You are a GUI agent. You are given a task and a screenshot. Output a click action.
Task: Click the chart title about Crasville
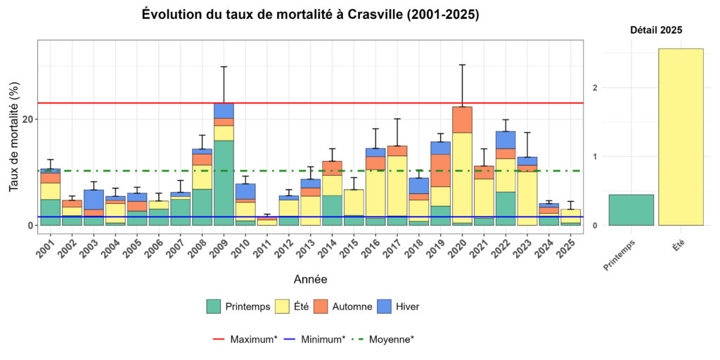310,15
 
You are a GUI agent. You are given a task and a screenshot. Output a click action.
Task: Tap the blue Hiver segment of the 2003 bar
94,199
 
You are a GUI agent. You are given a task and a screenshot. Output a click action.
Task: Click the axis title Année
310,279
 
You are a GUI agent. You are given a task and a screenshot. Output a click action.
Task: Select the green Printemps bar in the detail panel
631,210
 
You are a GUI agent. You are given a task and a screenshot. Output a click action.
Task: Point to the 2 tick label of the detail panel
595,88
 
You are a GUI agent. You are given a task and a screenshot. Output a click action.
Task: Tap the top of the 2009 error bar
224,67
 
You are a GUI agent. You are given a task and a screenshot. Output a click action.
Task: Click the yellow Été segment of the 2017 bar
397,186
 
